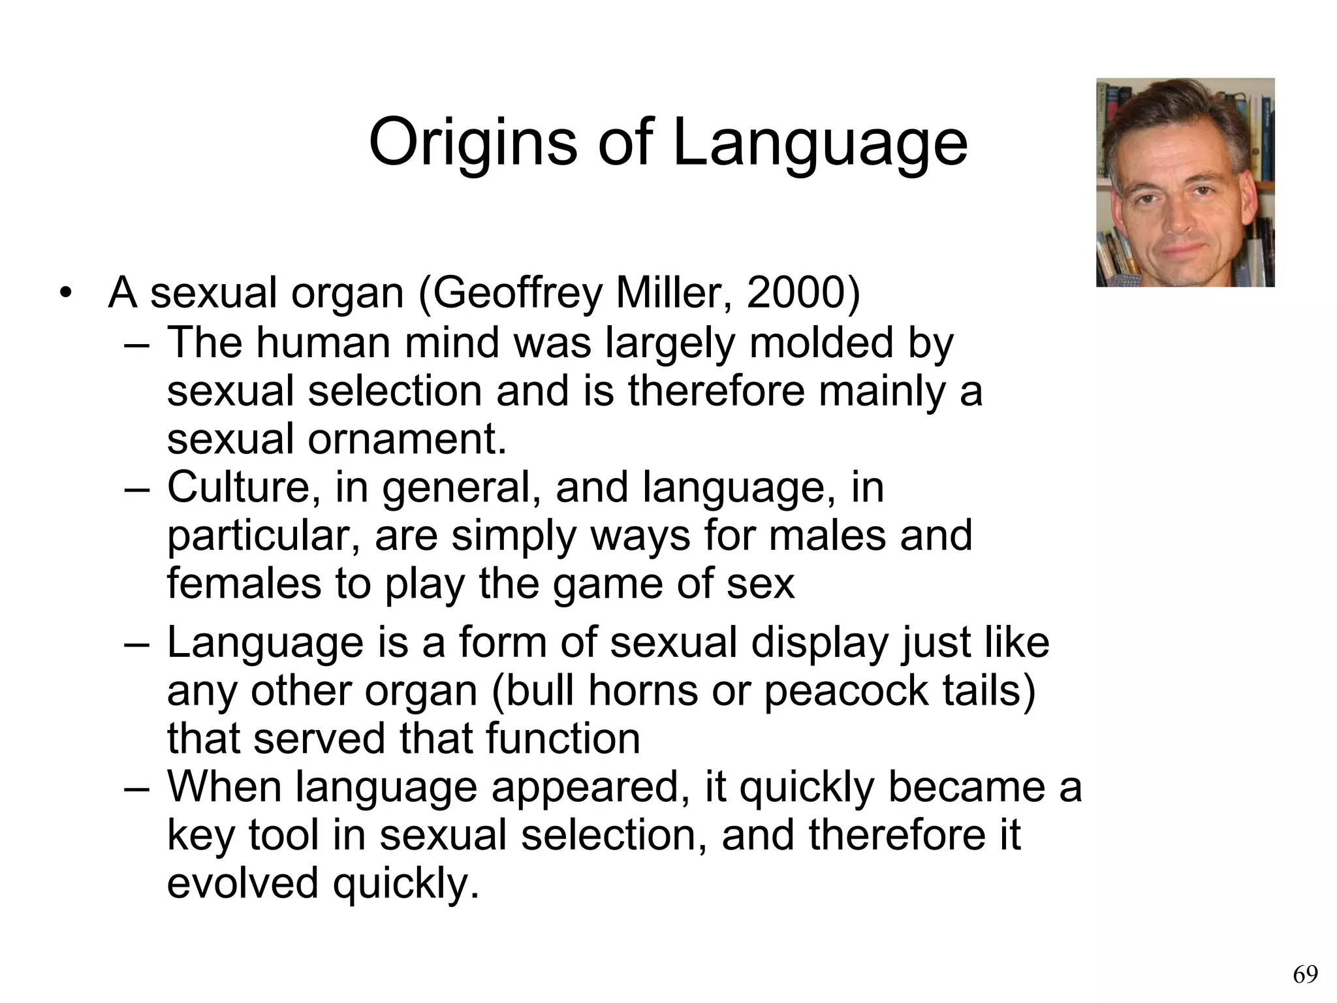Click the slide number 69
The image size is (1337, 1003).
click(1305, 975)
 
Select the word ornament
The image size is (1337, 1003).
click(407, 439)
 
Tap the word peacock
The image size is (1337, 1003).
click(845, 691)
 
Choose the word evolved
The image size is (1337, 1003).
click(242, 883)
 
